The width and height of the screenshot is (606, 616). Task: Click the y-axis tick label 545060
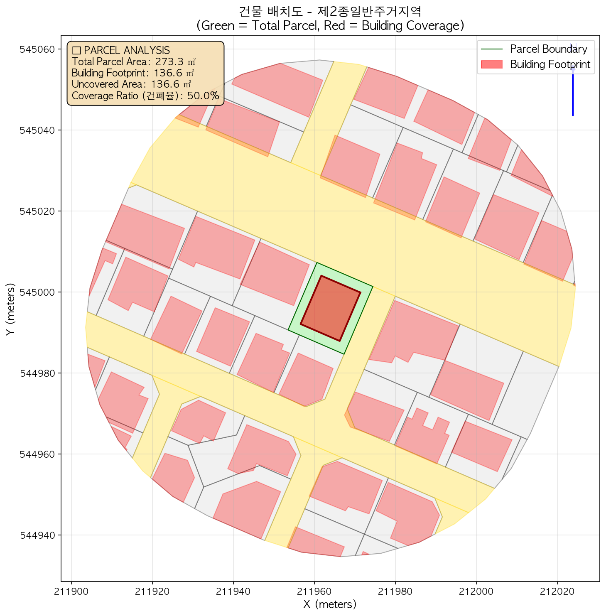37,49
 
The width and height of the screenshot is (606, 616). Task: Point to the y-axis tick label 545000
37,292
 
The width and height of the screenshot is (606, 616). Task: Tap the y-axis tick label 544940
37,535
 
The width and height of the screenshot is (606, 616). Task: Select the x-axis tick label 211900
72,591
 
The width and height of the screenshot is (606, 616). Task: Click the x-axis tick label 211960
314,591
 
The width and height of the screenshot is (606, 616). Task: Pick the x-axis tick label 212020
557,591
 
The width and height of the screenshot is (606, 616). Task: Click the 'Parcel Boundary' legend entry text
548,49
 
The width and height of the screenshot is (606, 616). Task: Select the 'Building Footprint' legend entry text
550,64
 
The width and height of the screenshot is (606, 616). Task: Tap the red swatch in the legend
492,64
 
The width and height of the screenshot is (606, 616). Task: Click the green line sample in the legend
492,49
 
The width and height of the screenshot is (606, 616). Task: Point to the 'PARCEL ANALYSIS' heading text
126,50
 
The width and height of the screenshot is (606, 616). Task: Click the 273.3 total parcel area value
169,62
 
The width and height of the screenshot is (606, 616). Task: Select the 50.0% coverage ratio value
203,96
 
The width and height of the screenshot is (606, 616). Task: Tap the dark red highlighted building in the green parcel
331,308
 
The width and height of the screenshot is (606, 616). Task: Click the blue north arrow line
573,91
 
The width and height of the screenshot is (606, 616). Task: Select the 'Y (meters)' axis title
11,309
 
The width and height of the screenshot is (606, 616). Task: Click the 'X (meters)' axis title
330,604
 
